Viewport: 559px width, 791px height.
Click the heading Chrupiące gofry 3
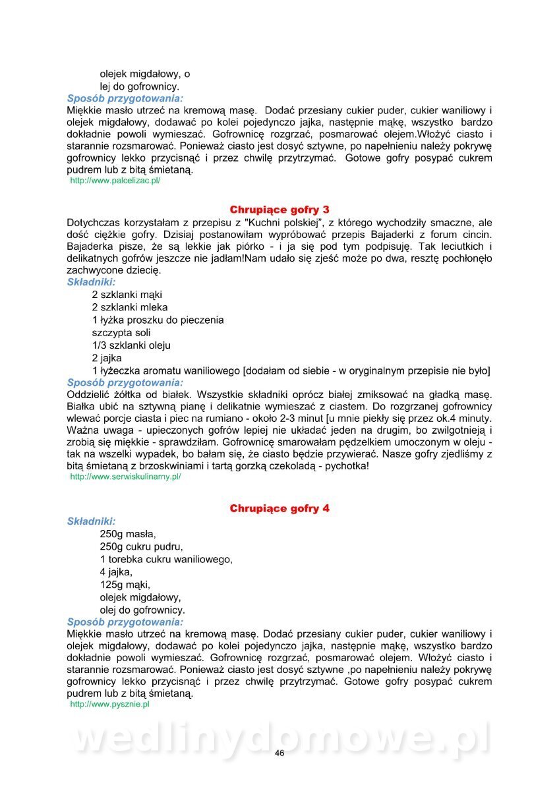[x=279, y=210]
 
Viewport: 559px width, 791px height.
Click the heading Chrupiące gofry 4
[x=279, y=508]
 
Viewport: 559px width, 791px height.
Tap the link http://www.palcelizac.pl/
[x=115, y=180]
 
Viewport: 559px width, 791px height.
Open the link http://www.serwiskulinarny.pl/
[x=125, y=476]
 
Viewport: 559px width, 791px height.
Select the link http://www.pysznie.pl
[x=109, y=704]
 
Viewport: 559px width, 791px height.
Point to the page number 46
[x=279, y=753]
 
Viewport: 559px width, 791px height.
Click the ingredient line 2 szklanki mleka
[x=130, y=307]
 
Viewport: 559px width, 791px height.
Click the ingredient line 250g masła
[x=128, y=534]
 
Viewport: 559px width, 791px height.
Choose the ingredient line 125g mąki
[x=125, y=585]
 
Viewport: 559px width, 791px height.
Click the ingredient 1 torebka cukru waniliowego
[x=166, y=559]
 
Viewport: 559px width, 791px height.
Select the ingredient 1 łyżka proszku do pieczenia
[x=158, y=320]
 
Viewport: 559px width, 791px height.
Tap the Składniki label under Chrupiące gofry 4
[x=91, y=521]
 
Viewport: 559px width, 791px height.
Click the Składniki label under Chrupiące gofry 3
[x=91, y=282]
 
